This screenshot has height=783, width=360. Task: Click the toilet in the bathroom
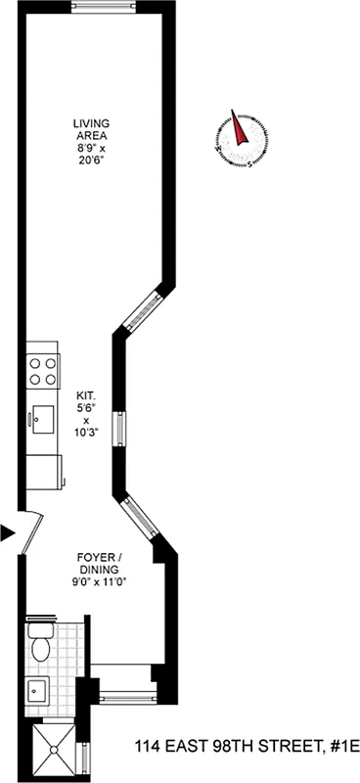pyautogui.click(x=41, y=645)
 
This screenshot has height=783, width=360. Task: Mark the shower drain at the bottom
pyautogui.click(x=51, y=753)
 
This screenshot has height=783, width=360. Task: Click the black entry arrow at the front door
pyautogui.click(x=8, y=532)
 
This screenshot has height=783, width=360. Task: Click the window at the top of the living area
pyautogui.click(x=103, y=8)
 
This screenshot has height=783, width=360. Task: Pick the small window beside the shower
pyautogui.click(x=85, y=757)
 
